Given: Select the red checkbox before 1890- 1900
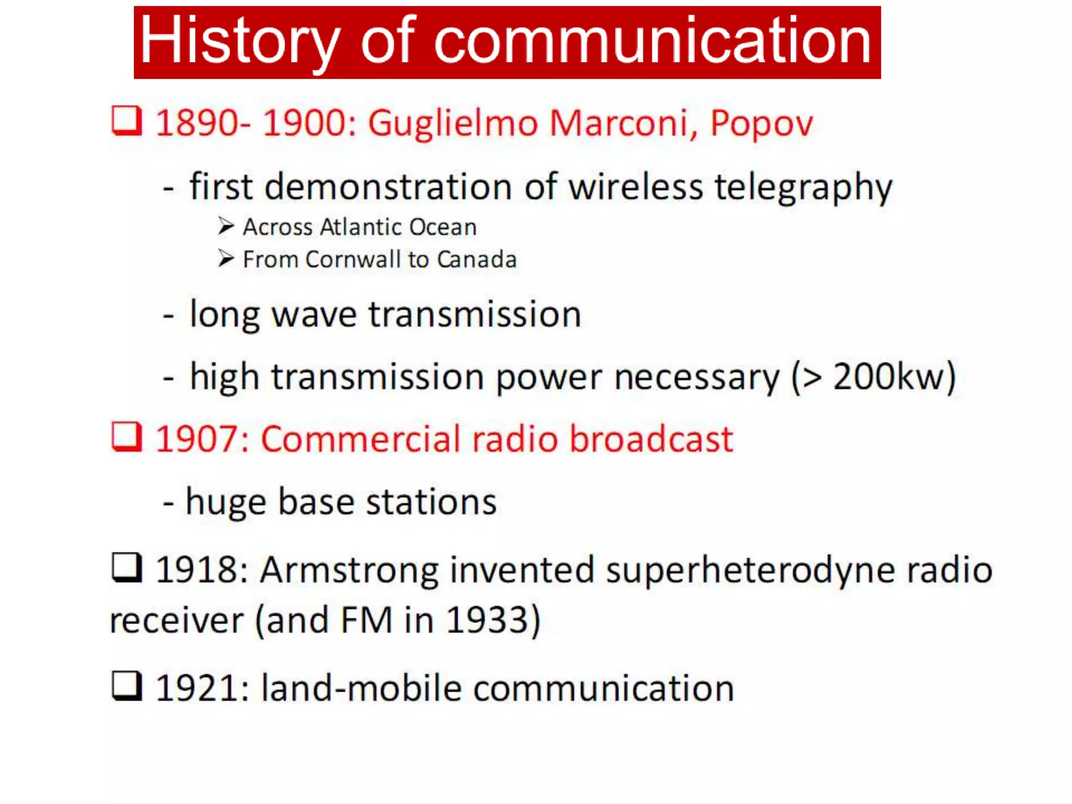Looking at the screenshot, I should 127,121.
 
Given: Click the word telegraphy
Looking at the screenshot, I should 803,188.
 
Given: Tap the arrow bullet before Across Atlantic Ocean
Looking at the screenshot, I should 226,226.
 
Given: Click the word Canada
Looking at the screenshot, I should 477,260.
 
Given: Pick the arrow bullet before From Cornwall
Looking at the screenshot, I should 226,259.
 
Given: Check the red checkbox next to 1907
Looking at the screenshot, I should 127,437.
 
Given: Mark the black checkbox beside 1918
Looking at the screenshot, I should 127,568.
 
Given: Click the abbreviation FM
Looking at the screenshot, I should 366,620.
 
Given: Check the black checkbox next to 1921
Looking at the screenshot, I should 127,686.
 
